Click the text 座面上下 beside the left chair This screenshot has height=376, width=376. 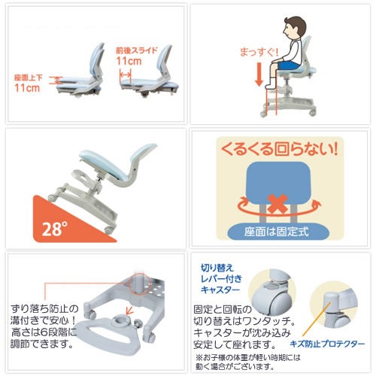pyautogui.click(x=28, y=77)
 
